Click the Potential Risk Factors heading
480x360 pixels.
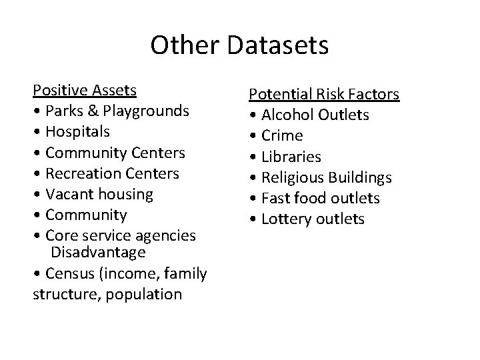(x=324, y=94)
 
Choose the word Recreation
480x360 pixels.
(x=83, y=173)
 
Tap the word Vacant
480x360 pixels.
(x=69, y=194)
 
